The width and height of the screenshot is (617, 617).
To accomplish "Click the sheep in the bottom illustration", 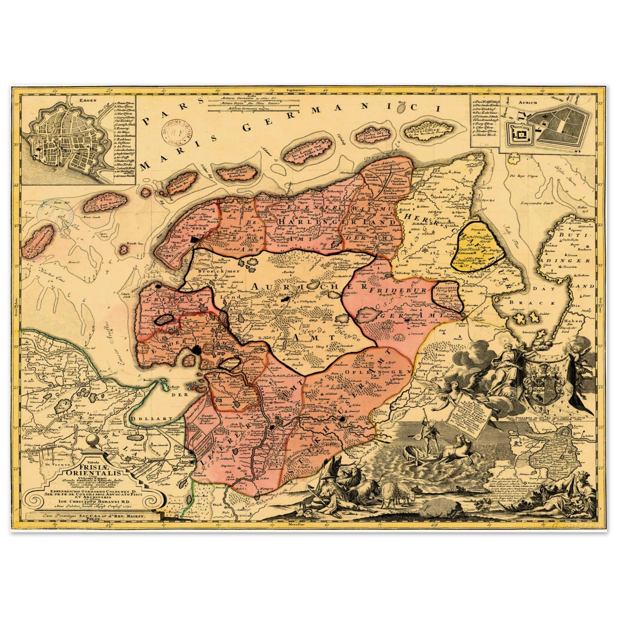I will (393, 493).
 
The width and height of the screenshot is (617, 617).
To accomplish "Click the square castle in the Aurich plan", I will (520, 134).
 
